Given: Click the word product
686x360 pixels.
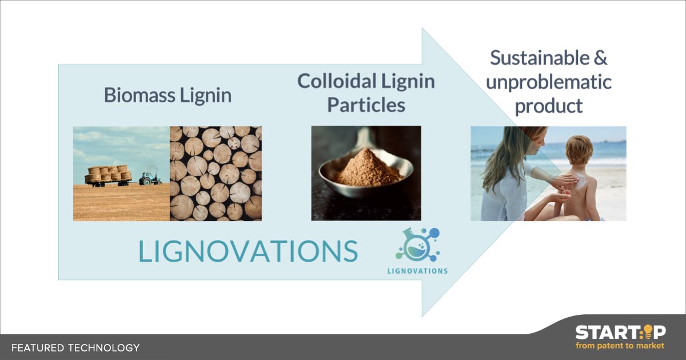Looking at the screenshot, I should click(548, 106).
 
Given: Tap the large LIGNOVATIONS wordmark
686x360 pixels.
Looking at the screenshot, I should click(248, 251).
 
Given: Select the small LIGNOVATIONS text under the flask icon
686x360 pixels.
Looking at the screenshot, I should click(417, 271).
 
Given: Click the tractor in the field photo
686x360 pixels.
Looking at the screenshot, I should click(150, 178).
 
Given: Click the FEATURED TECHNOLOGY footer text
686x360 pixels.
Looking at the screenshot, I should click(75, 347).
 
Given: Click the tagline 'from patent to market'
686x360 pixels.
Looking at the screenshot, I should click(620, 346).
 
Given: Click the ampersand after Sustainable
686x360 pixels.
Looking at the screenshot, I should click(600, 58).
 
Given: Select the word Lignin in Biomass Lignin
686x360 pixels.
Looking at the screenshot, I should click(207, 95).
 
